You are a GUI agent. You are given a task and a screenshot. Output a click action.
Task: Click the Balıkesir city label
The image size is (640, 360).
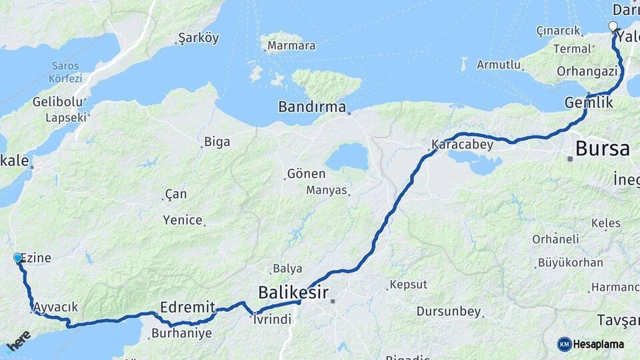293,292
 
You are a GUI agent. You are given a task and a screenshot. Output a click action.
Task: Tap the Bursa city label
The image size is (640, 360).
602,148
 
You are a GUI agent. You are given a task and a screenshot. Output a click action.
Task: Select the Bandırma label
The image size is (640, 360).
312,107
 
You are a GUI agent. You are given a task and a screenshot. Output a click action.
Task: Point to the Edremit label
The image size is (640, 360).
187,307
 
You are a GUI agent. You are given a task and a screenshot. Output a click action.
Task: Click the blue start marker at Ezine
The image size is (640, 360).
18,257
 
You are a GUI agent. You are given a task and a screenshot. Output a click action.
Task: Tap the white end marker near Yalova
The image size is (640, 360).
613,27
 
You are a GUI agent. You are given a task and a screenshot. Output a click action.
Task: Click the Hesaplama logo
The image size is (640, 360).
591,344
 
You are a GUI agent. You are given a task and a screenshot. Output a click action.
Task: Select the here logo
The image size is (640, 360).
17,341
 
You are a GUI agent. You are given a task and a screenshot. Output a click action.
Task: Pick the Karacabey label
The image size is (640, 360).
462,144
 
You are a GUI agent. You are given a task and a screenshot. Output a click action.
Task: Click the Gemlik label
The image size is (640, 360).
588,103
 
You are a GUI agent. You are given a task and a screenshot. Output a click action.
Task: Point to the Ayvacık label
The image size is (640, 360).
56,307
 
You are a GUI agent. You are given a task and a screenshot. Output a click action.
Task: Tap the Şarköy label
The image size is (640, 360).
199,38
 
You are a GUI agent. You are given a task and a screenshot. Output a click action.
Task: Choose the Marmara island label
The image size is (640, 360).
291,46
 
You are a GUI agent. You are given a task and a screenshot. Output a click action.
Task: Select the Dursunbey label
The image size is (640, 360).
448,311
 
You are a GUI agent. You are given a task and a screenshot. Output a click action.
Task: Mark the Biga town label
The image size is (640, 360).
217,141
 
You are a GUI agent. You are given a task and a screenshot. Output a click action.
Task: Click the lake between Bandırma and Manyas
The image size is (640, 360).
346,157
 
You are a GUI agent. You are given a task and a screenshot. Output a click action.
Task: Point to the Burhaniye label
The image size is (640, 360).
181,333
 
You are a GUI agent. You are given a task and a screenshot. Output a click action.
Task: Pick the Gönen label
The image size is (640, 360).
306,174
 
